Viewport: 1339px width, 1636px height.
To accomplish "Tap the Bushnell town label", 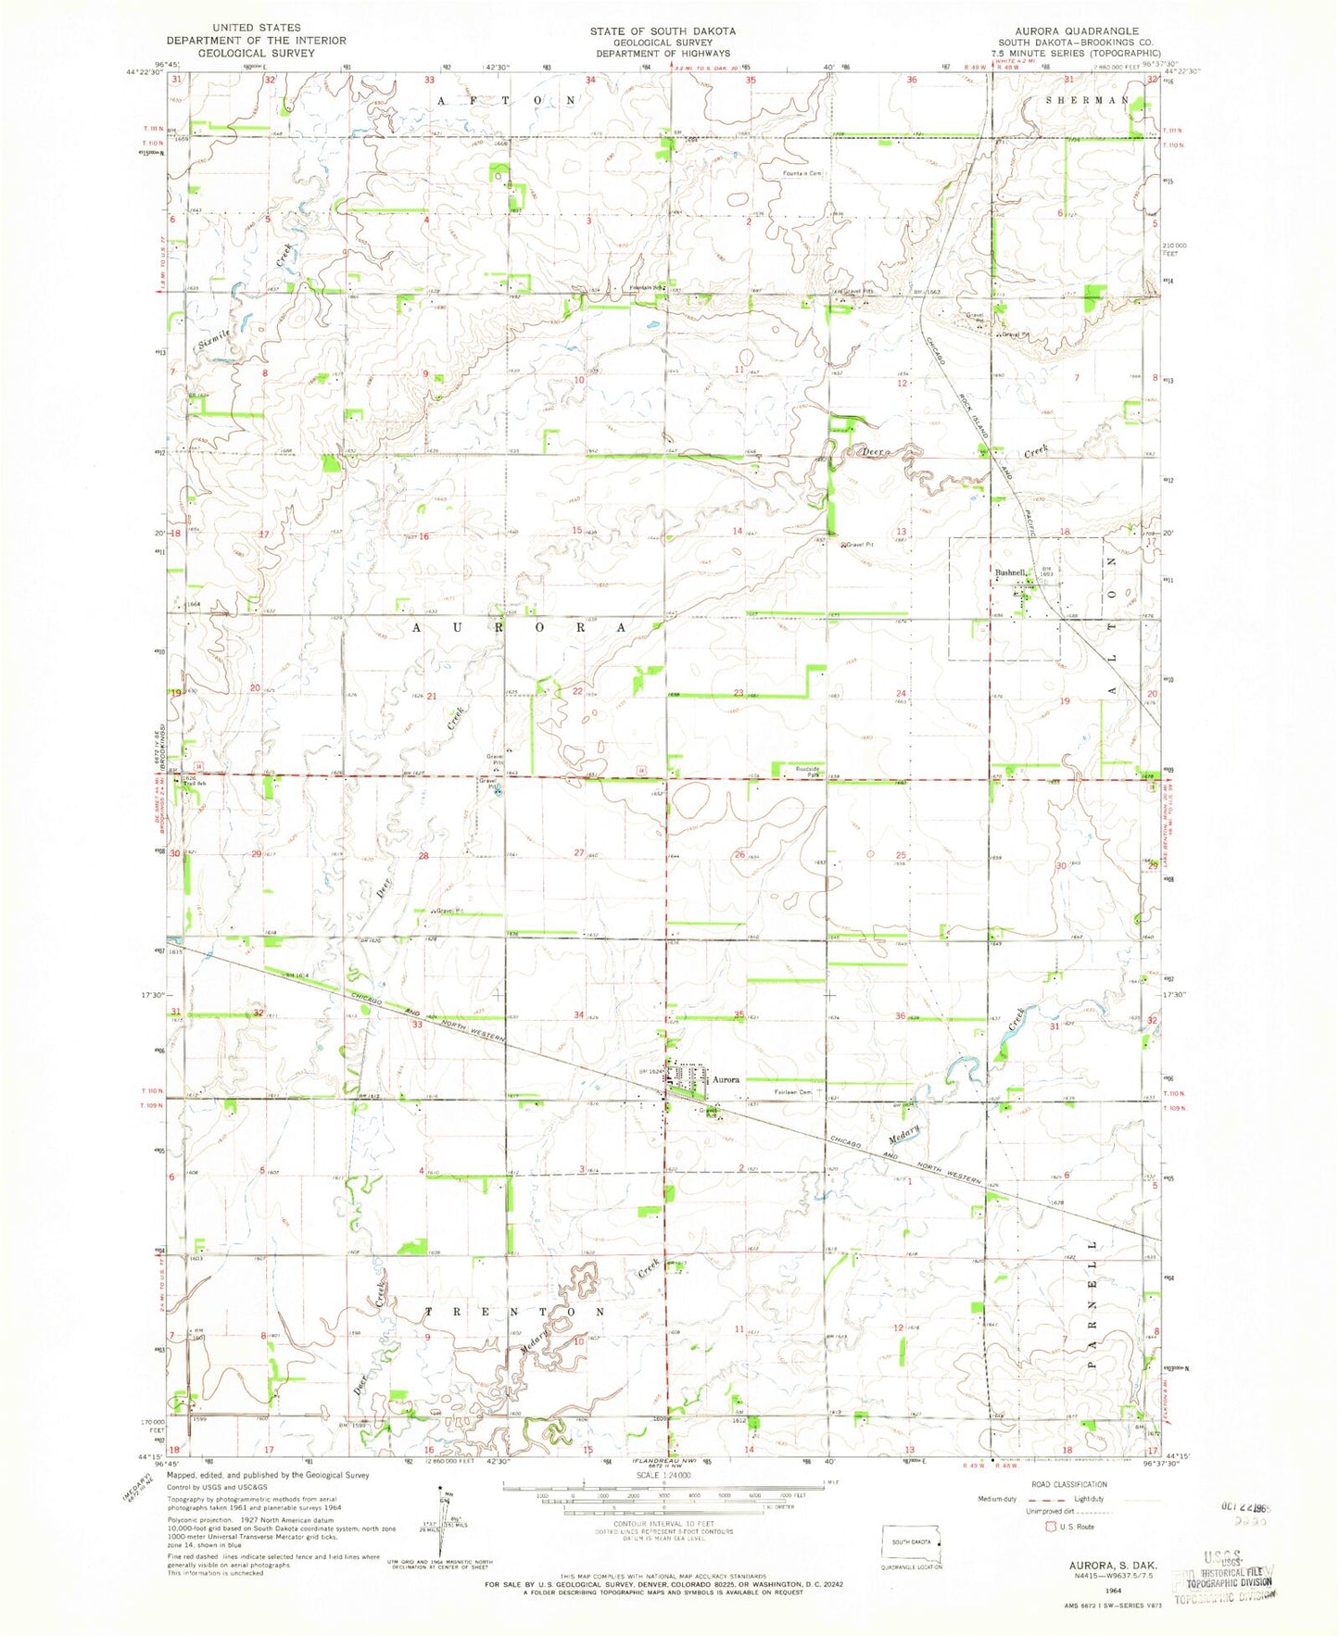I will [x=1009, y=573].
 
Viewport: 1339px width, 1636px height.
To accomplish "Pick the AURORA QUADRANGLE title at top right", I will [x=1077, y=31].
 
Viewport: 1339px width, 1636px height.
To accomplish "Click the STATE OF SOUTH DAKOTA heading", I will [x=663, y=31].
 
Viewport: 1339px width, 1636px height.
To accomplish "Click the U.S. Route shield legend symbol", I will [x=1051, y=1526].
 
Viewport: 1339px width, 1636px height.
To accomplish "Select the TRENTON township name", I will [x=515, y=1313].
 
